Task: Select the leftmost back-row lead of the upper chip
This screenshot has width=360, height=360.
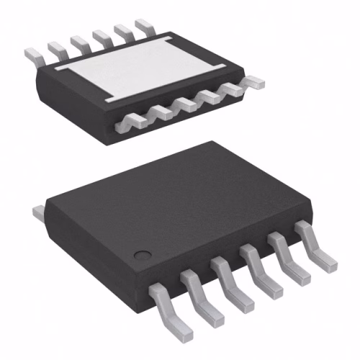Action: (x=33, y=54)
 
